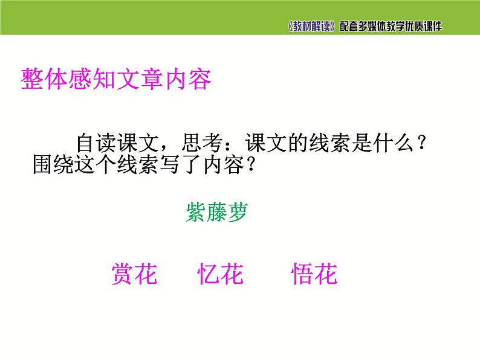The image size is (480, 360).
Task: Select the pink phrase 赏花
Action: [134, 275]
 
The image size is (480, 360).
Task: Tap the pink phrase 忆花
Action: [221, 275]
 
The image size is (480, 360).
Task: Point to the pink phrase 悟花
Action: [314, 275]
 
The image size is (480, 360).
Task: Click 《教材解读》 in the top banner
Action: [311, 27]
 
